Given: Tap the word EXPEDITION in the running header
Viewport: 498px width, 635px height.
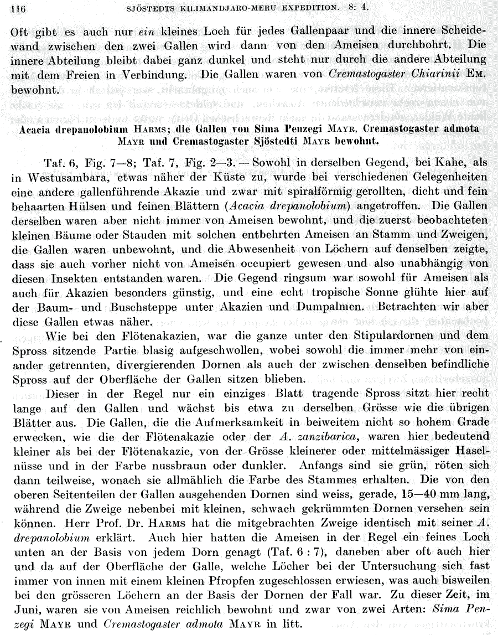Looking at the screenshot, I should click(x=330, y=8).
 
